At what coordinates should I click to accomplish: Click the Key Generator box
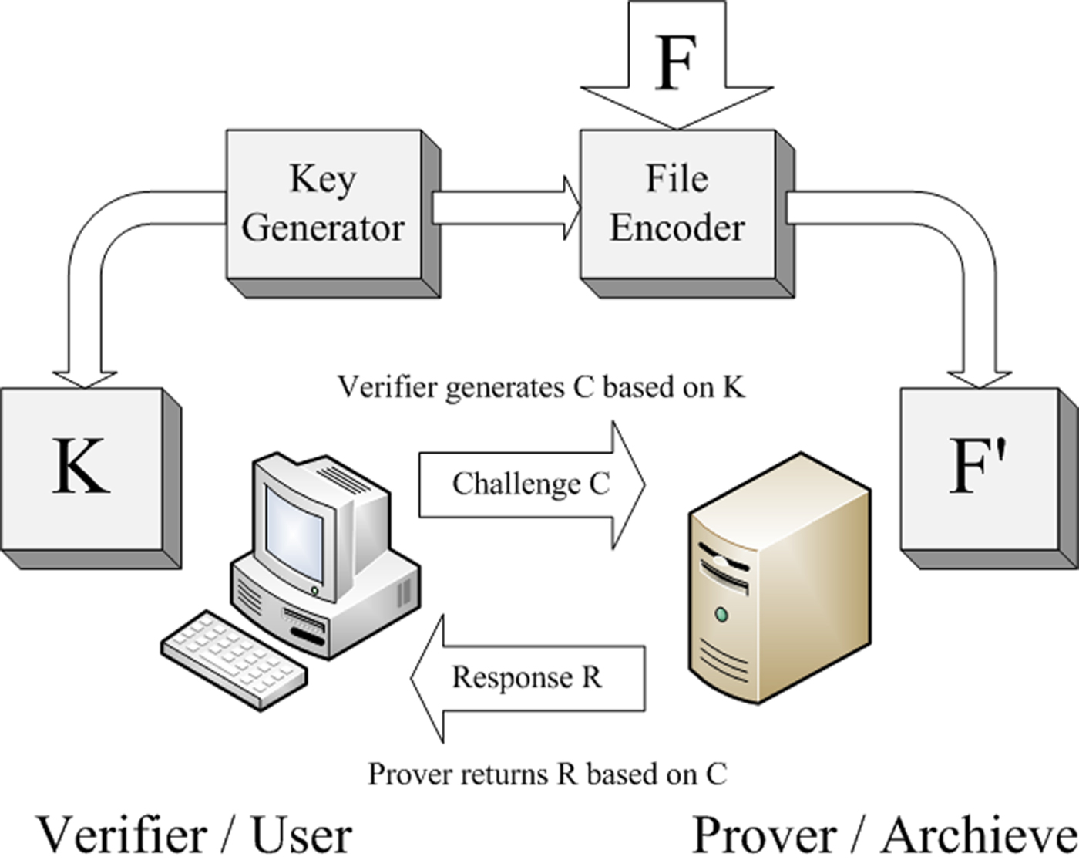[324, 204]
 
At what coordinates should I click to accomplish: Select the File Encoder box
[677, 204]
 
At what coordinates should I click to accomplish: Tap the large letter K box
[81, 467]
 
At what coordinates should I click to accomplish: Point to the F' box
[979, 467]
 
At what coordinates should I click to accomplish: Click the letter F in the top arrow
[677, 62]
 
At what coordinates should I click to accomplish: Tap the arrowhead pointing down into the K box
[85, 377]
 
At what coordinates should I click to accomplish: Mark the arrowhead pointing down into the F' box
[980, 377]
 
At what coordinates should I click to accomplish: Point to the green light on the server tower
[721, 615]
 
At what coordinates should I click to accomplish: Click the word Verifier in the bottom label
[122, 836]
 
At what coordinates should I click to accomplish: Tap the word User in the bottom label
[301, 836]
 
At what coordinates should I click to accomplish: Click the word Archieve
[979, 836]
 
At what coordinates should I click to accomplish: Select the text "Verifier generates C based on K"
[541, 387]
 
